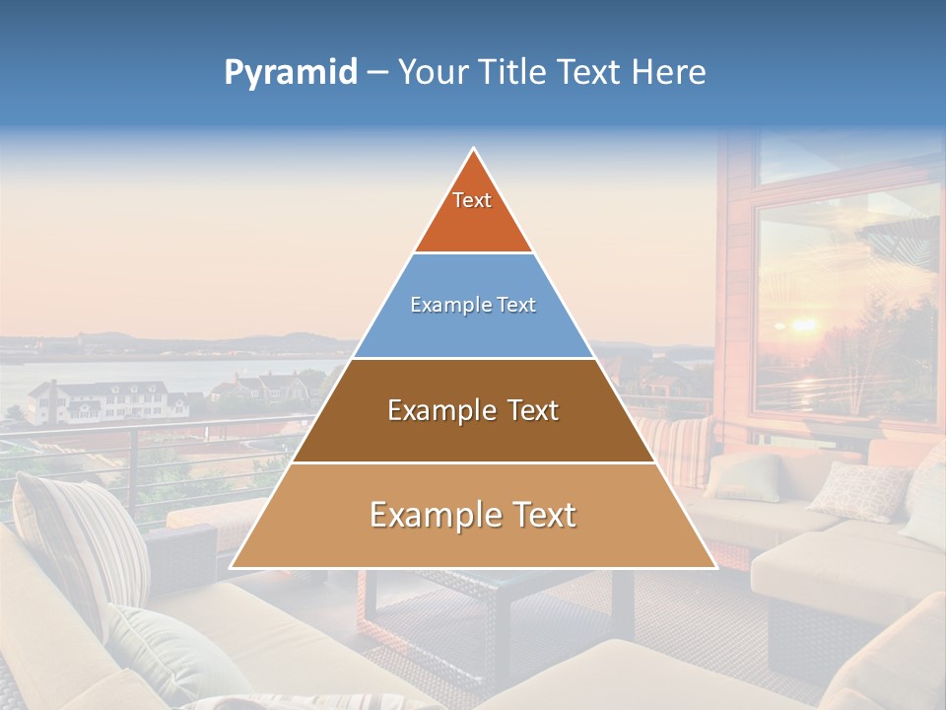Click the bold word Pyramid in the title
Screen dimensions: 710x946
[290, 73]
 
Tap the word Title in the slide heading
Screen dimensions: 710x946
[512, 73]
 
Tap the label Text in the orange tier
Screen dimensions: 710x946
[472, 200]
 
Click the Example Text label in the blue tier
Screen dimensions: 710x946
[473, 305]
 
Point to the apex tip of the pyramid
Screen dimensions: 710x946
[474, 150]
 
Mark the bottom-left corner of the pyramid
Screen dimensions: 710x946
[233, 567]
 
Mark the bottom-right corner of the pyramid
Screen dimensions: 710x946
[714, 567]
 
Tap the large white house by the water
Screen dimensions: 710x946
[99, 399]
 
